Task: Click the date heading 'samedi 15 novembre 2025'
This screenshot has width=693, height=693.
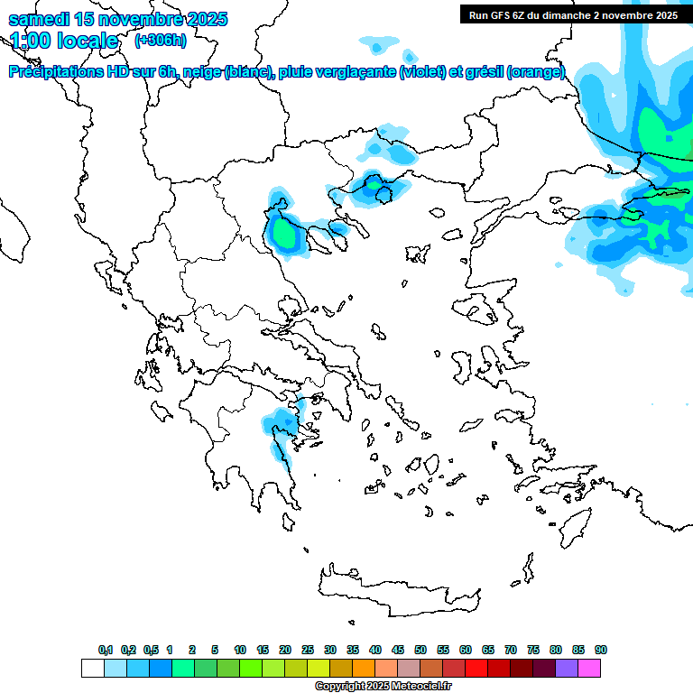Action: pyautogui.click(x=118, y=19)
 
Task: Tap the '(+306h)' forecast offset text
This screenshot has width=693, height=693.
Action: pyautogui.click(x=161, y=40)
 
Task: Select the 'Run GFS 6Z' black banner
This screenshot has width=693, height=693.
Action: pyautogui.click(x=573, y=14)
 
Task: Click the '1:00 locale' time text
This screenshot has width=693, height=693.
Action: pyautogui.click(x=64, y=41)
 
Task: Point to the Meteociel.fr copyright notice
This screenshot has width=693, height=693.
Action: pyautogui.click(x=383, y=687)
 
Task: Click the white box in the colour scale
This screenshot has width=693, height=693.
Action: pyautogui.click(x=92, y=669)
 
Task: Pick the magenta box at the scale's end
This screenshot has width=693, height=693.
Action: pyautogui.click(x=590, y=669)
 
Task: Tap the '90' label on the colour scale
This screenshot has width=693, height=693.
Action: pyautogui.click(x=601, y=650)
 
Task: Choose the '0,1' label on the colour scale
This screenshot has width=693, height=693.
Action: pyautogui.click(x=105, y=650)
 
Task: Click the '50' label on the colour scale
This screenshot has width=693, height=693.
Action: pyautogui.click(x=420, y=650)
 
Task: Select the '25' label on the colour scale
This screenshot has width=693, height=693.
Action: pyautogui.click(x=308, y=650)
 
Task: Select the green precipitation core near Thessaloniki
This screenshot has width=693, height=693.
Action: pyautogui.click(x=285, y=235)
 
